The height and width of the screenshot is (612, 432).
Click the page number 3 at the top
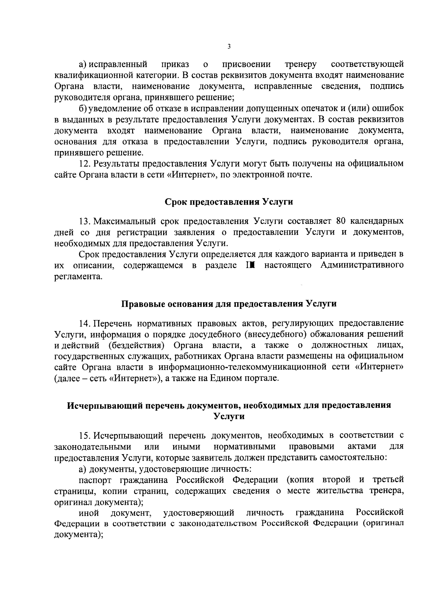tap(229, 46)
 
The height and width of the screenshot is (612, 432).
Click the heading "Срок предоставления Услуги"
tap(229, 202)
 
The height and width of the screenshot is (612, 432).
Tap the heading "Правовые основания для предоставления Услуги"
tap(229, 304)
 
